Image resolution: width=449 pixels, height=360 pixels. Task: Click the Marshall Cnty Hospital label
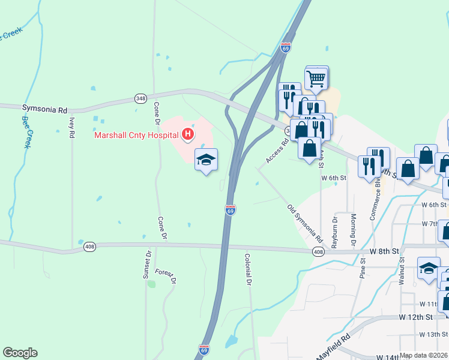click(136, 134)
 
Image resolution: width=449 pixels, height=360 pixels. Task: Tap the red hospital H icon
click(188, 134)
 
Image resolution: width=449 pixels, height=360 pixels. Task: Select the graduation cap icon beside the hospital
click(206, 160)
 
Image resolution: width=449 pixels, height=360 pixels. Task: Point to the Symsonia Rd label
click(44, 110)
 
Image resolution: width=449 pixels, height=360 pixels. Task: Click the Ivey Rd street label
click(71, 127)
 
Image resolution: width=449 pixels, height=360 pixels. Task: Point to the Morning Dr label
click(354, 226)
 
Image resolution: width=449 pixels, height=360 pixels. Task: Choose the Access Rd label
click(277, 151)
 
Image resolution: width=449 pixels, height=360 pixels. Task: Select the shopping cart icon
click(316, 77)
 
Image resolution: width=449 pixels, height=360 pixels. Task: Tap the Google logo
click(20, 353)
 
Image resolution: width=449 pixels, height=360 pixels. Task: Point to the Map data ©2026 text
click(424, 355)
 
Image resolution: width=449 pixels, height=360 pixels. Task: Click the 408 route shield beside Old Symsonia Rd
click(319, 253)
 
